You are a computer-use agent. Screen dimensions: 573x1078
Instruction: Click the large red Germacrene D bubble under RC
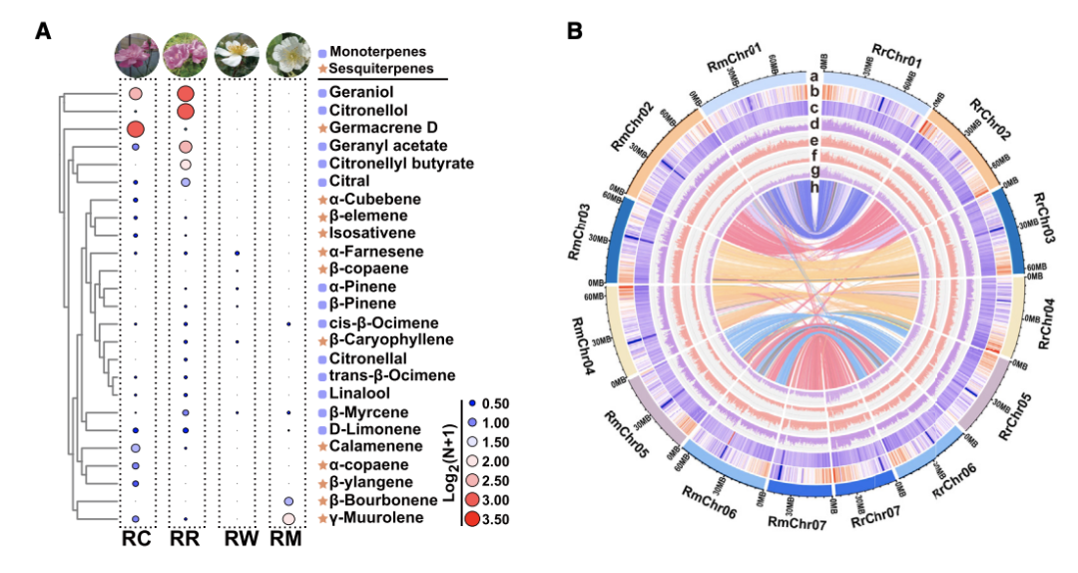click(x=136, y=129)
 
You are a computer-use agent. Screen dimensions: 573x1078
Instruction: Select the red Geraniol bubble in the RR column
click(x=186, y=94)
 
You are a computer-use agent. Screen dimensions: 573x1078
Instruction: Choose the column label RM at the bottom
click(x=287, y=540)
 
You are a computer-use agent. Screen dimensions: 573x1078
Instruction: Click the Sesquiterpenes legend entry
click(x=382, y=68)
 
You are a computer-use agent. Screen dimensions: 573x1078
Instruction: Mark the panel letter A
click(x=43, y=31)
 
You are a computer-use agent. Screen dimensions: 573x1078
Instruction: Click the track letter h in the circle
click(x=815, y=188)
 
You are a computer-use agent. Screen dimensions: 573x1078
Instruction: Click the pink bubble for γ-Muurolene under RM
click(x=288, y=519)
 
